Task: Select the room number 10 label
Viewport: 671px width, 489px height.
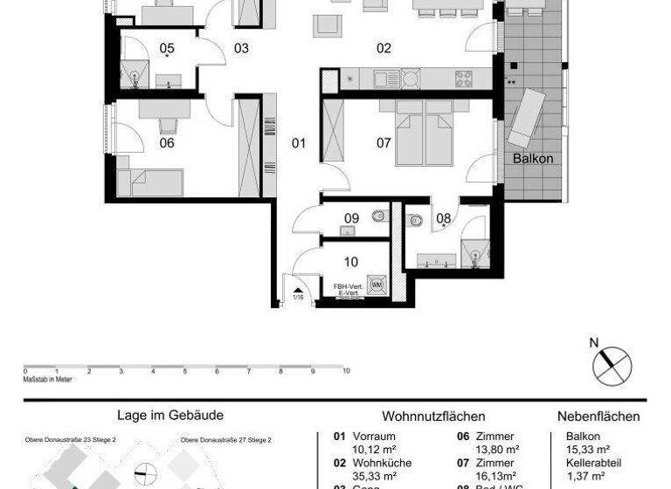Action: [351, 262]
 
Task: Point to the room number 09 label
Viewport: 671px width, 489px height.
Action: [351, 218]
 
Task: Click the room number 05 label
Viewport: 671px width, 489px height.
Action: [167, 48]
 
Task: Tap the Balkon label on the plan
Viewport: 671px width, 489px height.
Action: [533, 160]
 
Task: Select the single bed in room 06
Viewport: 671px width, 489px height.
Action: [151, 183]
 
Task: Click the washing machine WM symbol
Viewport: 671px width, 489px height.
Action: [377, 285]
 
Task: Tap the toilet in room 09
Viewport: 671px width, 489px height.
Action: [378, 216]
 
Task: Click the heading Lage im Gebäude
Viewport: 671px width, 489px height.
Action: [169, 417]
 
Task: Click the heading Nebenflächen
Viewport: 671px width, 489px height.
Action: [598, 417]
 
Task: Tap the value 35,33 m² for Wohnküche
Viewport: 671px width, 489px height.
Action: [374, 476]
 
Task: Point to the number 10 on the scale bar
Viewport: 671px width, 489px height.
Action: [347, 371]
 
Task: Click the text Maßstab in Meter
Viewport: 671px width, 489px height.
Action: [49, 377]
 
